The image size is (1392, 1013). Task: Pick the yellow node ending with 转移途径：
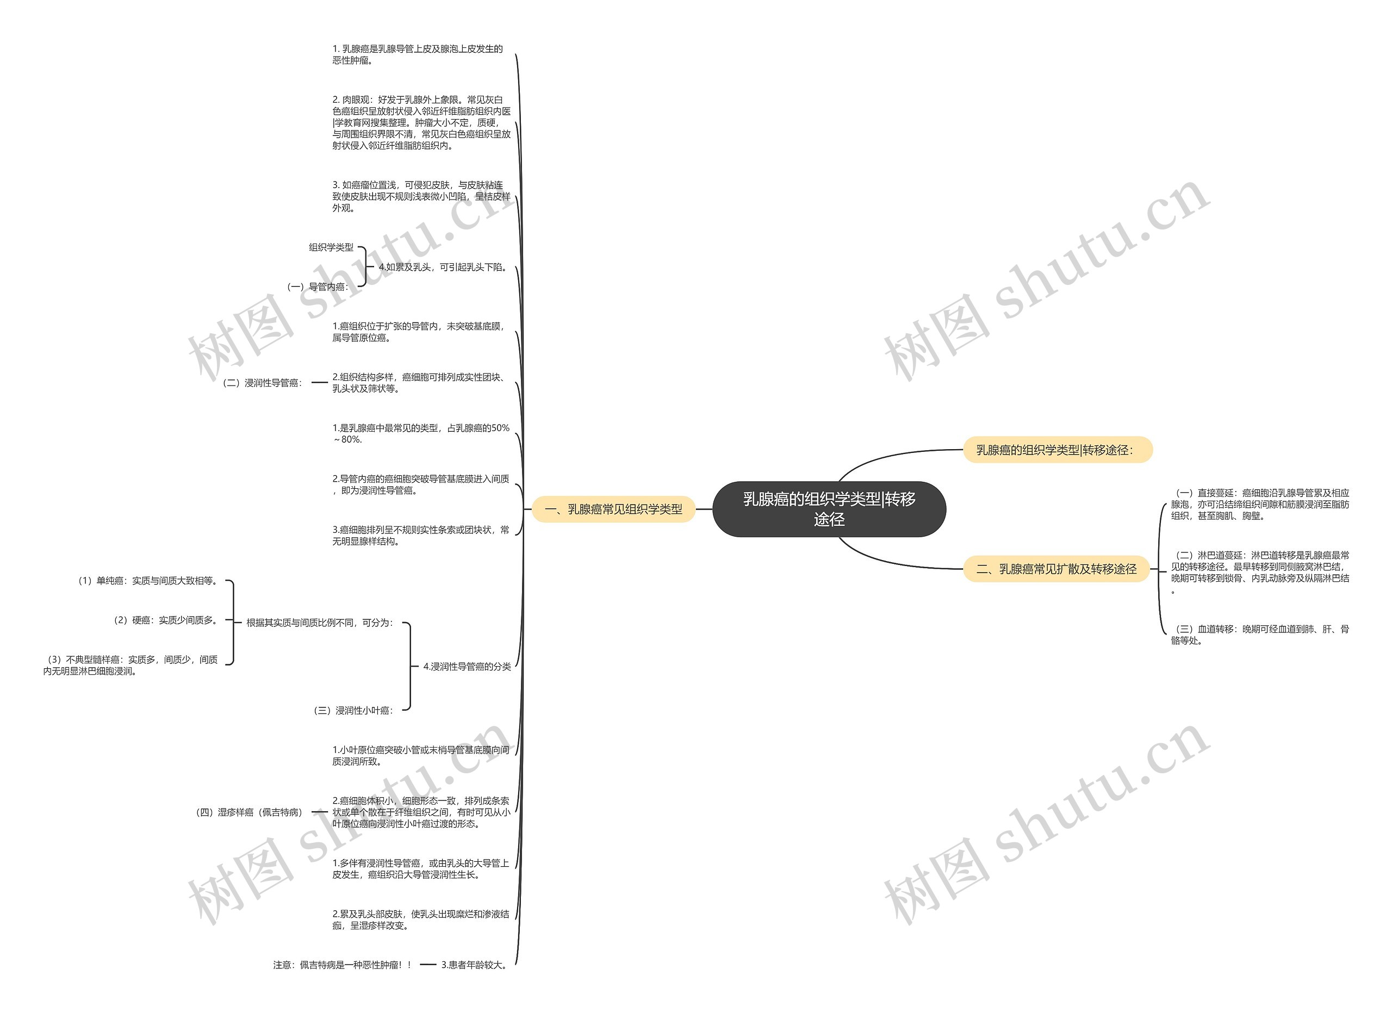pyautogui.click(x=1058, y=450)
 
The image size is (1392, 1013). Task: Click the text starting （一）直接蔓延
pyautogui.click(x=1259, y=505)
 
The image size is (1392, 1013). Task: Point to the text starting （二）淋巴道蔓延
pyautogui.click(x=1259, y=573)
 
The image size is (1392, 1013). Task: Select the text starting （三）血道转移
pyautogui.click(x=1259, y=635)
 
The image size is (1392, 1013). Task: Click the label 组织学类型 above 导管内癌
pyautogui.click(x=332, y=247)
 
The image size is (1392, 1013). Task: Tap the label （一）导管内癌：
pyautogui.click(x=318, y=287)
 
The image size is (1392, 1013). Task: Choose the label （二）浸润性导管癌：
pyautogui.click(x=263, y=382)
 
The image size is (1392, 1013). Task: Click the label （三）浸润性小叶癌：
pyautogui.click(x=353, y=710)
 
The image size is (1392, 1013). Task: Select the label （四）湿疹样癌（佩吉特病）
pyautogui.click(x=250, y=812)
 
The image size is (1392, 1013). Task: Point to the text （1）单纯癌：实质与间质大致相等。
pyautogui.click(x=147, y=580)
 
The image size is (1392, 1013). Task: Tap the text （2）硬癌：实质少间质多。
pyautogui.click(x=165, y=620)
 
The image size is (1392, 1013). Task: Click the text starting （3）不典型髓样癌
pyautogui.click(x=130, y=665)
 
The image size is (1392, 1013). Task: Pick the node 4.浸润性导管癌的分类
pyautogui.click(x=467, y=666)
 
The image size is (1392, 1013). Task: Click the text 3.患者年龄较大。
pyautogui.click(x=475, y=965)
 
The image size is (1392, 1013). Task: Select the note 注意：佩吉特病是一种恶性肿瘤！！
pyautogui.click(x=343, y=965)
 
